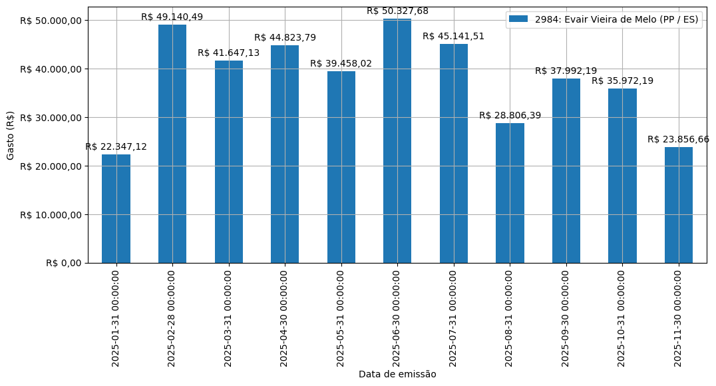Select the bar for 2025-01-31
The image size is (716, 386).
pyautogui.click(x=116, y=209)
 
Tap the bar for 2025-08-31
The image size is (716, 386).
pyautogui.click(x=510, y=193)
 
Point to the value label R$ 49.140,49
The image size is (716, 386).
pyautogui.click(x=172, y=17)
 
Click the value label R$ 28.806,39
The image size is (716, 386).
pyautogui.click(x=510, y=115)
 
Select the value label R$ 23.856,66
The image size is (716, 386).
pyautogui.click(x=679, y=139)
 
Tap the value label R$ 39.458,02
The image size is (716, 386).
pyautogui.click(x=341, y=63)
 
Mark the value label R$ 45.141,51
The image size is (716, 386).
pyautogui.click(x=454, y=36)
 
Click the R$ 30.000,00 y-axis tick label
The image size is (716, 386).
pyautogui.click(x=51, y=118)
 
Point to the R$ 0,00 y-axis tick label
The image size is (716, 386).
pyautogui.click(x=64, y=263)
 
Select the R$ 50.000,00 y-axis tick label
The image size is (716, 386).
pyautogui.click(x=51, y=21)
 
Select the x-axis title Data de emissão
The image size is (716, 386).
pyautogui.click(x=397, y=374)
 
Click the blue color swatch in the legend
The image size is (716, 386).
pyautogui.click(x=518, y=19)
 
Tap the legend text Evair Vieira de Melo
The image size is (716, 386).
pyautogui.click(x=616, y=19)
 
